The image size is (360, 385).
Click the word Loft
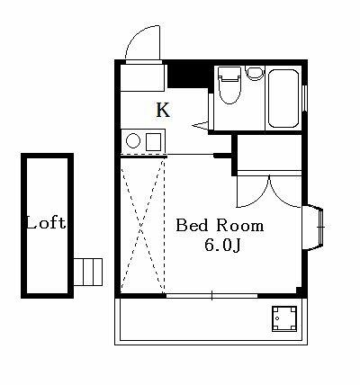(45, 222)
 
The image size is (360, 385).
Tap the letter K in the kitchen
(163, 111)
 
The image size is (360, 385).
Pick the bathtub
(285, 96)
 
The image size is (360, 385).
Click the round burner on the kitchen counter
(132, 140)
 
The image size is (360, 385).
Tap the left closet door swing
(252, 191)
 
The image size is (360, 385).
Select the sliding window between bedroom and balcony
(212, 295)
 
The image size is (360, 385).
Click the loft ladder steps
(89, 270)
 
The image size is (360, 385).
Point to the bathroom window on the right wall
(307, 96)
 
